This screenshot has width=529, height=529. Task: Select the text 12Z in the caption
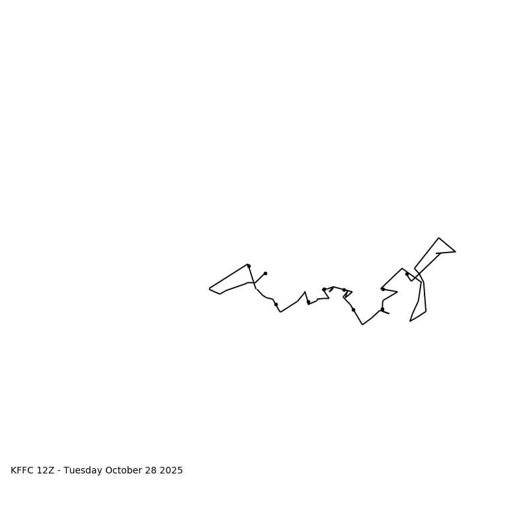(46, 471)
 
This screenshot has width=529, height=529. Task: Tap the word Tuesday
(85, 471)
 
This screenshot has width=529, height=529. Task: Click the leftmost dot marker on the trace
(249, 266)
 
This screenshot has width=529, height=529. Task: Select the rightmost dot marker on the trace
(407, 274)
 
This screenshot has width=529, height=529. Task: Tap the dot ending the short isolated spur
(265, 273)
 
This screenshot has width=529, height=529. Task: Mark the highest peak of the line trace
(438, 238)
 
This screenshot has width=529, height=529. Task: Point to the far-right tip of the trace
(455, 251)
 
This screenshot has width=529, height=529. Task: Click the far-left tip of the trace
(210, 289)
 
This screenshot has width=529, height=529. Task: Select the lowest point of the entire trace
(362, 325)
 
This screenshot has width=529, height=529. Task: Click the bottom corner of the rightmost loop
(410, 321)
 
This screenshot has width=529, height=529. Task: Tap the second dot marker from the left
(265, 273)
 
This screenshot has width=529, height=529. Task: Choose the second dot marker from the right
(383, 289)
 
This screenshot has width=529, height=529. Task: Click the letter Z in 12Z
(51, 471)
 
